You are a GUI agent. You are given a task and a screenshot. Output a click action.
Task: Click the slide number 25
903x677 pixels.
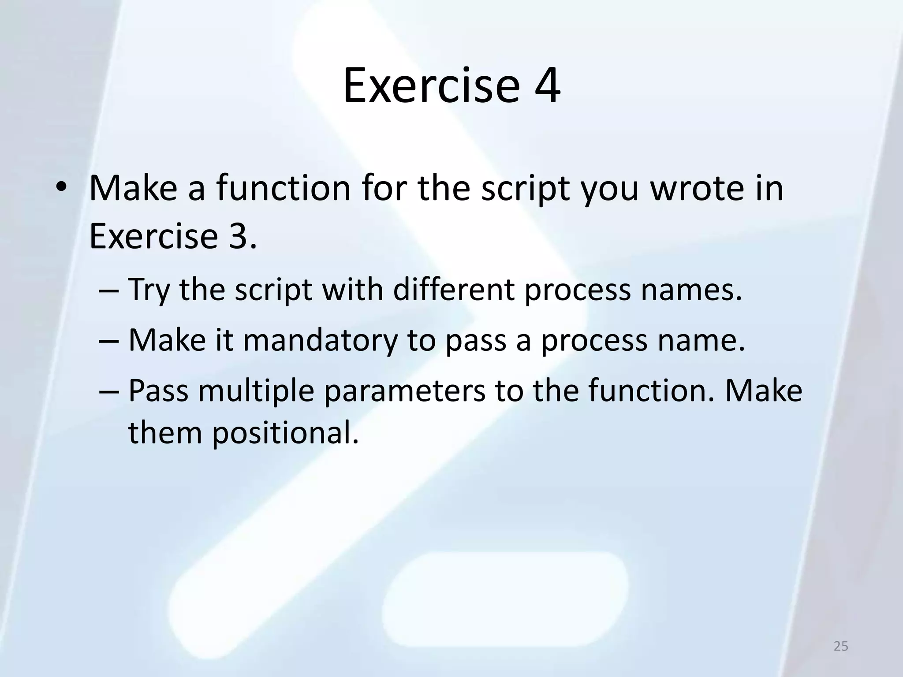841,646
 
